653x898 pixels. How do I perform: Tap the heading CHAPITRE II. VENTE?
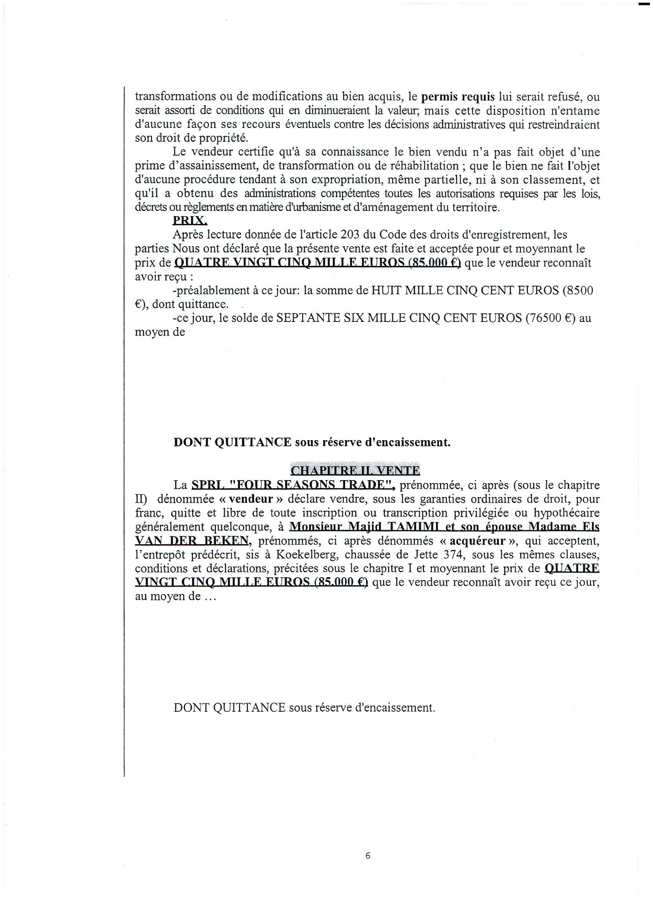coord(355,470)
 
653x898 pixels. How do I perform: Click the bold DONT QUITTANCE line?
coord(312,442)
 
